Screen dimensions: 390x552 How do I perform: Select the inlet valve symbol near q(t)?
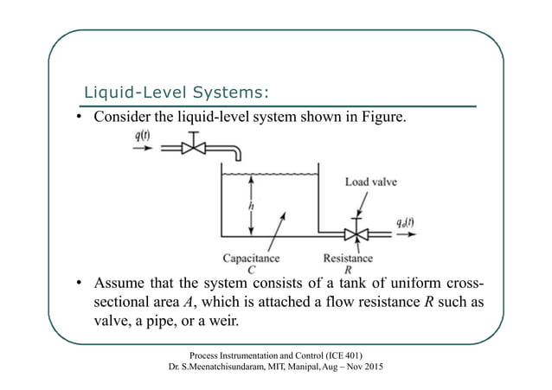point(195,148)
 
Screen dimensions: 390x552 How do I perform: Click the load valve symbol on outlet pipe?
point(356,233)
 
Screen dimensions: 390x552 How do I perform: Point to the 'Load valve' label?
point(371,182)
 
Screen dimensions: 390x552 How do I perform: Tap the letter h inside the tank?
point(251,207)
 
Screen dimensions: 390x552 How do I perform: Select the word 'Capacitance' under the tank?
point(251,257)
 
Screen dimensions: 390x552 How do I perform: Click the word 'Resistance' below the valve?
point(348,257)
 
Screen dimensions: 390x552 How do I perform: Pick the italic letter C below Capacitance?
point(251,269)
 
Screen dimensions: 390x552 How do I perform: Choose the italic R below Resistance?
point(347,269)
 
